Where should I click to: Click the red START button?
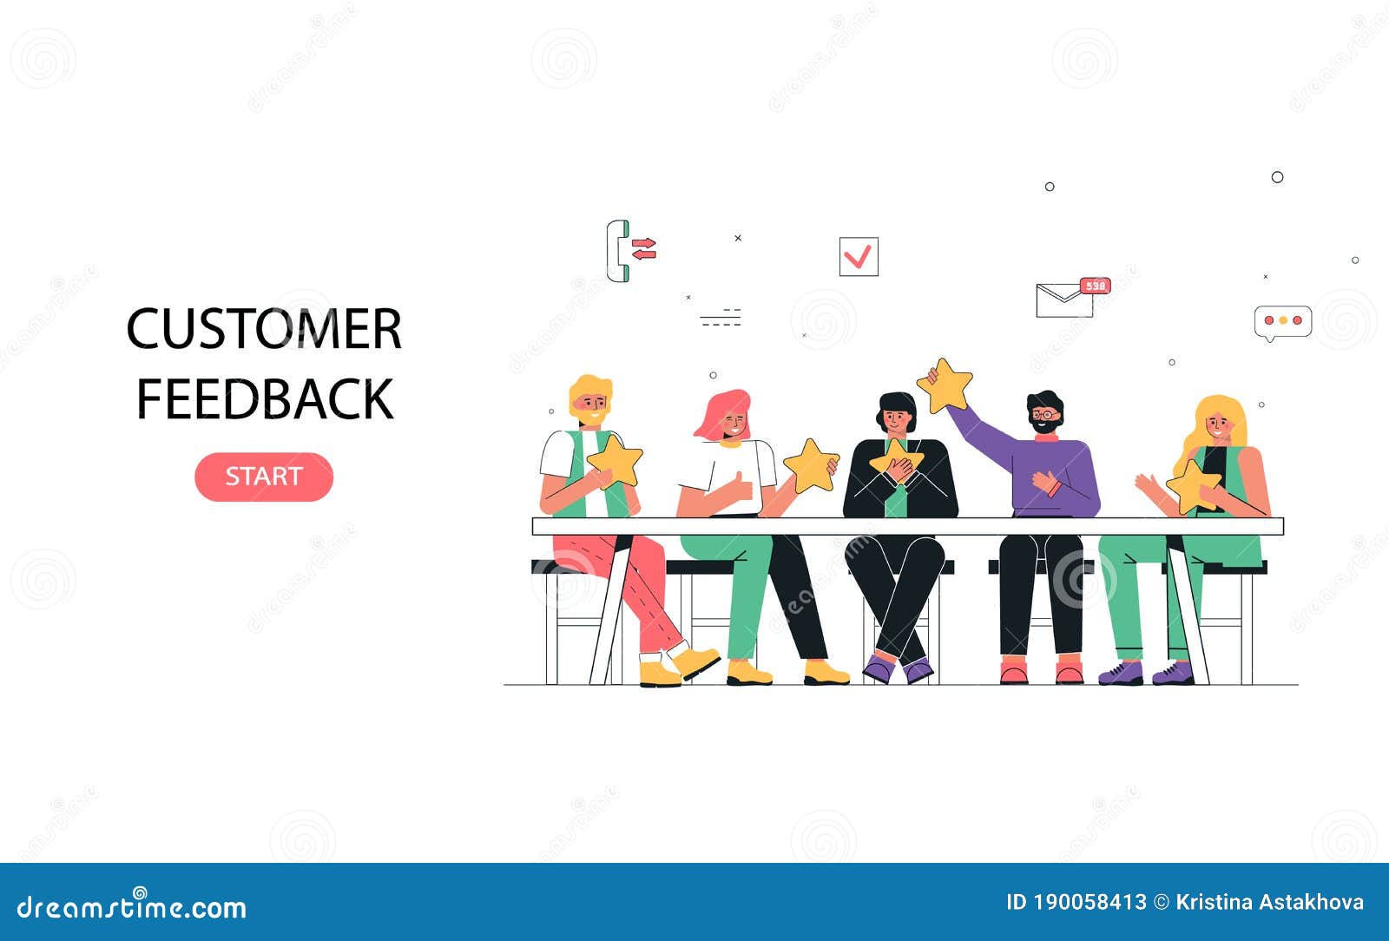(263, 477)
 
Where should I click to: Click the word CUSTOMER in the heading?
(264, 329)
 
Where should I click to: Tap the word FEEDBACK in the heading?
(265, 399)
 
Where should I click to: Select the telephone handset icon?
(617, 251)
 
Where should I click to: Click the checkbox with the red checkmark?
(859, 257)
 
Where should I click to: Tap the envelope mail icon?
(1063, 300)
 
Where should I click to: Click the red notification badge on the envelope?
(1096, 286)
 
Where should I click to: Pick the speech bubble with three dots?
(1282, 321)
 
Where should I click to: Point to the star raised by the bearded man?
(946, 386)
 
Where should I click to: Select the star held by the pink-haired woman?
(811, 466)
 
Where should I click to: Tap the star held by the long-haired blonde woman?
(1193, 485)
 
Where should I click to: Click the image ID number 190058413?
(1089, 903)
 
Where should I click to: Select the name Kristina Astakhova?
(1269, 903)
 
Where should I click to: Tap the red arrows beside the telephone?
(644, 249)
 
